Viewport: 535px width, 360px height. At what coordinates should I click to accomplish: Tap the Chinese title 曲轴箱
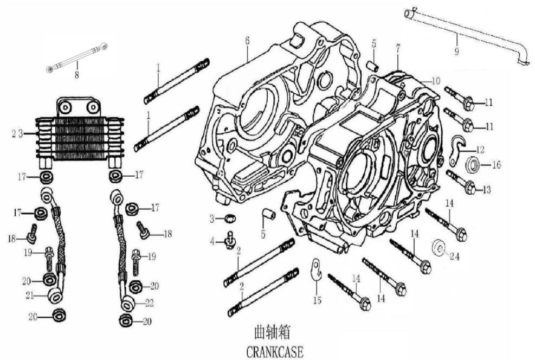(275, 332)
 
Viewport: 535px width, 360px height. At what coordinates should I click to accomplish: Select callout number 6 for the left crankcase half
(247, 41)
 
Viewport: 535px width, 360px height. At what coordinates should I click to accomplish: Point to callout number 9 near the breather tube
(456, 52)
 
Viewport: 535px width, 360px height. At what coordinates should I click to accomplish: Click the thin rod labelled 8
(78, 57)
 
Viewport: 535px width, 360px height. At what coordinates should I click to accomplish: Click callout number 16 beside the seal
(497, 164)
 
